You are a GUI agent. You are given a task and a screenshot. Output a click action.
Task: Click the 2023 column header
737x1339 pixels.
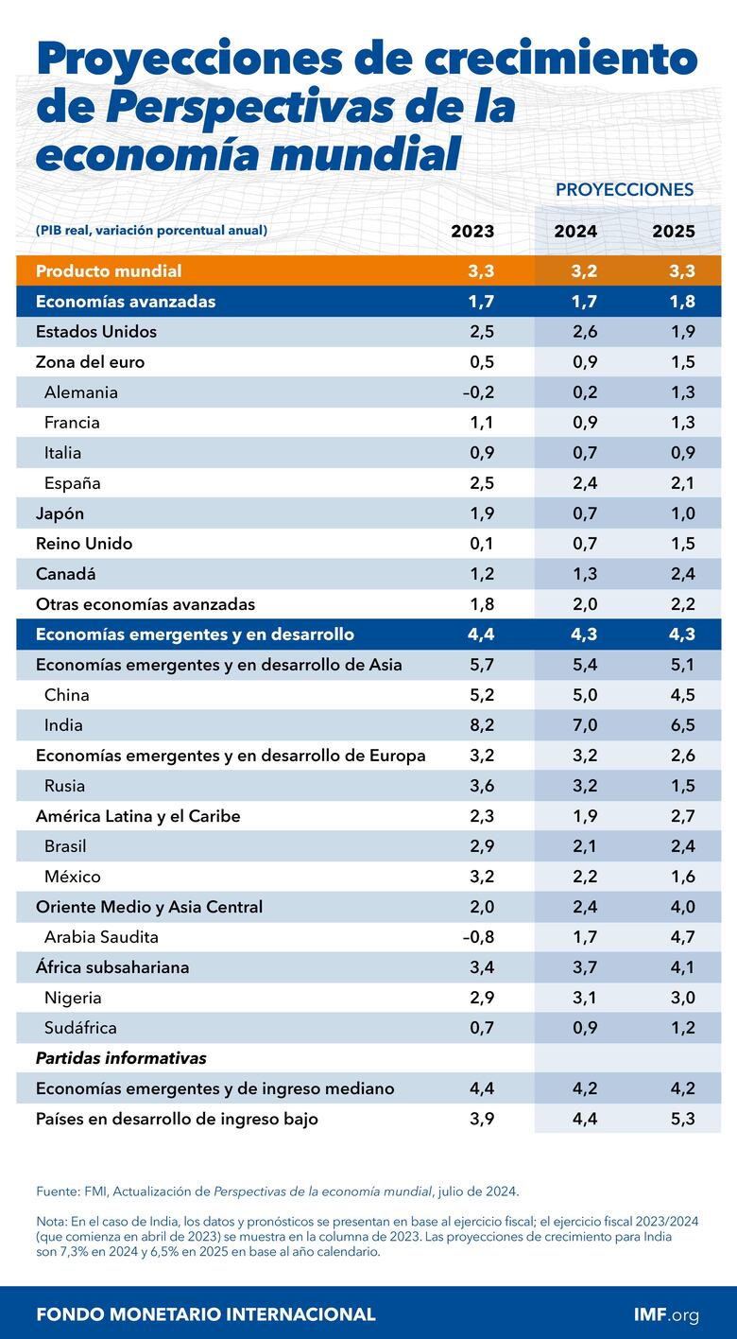(471, 231)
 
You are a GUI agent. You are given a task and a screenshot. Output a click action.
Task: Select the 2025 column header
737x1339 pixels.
(674, 231)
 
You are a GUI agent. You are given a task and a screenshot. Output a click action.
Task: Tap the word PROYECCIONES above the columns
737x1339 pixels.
(624, 189)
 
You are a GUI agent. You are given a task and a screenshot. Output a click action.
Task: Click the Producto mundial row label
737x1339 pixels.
(109, 271)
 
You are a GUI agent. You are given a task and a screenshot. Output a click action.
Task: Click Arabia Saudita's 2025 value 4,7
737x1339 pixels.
(679, 937)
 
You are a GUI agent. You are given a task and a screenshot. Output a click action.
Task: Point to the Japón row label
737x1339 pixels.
(60, 513)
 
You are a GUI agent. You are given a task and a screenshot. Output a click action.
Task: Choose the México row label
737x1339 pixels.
(72, 877)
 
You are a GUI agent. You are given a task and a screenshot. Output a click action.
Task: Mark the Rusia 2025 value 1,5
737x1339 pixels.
(679, 786)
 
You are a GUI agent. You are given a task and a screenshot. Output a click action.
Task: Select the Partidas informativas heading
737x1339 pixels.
(121, 1058)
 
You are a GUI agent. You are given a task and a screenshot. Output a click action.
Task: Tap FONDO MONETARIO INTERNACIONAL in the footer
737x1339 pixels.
(205, 1314)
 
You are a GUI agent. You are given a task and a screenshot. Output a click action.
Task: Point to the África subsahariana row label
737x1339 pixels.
(112, 967)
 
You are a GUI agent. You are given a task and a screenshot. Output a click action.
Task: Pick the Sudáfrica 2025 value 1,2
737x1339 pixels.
(679, 1028)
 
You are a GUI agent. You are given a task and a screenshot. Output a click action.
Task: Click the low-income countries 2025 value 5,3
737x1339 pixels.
(679, 1119)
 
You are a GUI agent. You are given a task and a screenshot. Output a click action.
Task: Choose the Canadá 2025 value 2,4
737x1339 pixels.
(679, 574)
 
